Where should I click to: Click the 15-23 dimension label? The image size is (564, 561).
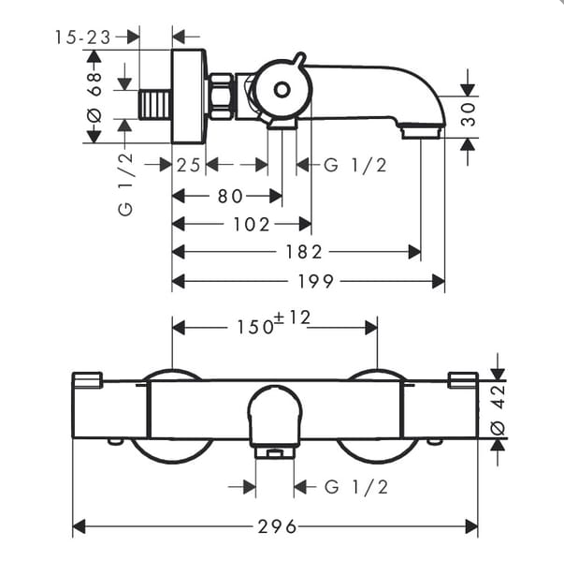pyautogui.click(x=82, y=37)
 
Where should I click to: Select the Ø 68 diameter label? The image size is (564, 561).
pyautogui.click(x=94, y=96)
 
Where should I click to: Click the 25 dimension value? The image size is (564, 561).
pyautogui.click(x=190, y=166)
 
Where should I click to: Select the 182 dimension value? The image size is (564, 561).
pyautogui.click(x=304, y=252)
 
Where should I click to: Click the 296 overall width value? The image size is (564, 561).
pyautogui.click(x=276, y=527)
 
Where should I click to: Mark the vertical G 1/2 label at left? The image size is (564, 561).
pyautogui.click(x=124, y=185)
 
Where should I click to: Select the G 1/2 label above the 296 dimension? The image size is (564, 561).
pyautogui.click(x=354, y=486)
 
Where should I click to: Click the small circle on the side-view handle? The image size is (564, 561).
pyautogui.click(x=282, y=90)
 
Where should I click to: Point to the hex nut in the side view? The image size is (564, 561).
pyautogui.click(x=223, y=96)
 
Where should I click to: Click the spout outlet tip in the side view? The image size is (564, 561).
pyautogui.click(x=422, y=132)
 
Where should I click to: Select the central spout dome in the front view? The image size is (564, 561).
pyautogui.click(x=275, y=417)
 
